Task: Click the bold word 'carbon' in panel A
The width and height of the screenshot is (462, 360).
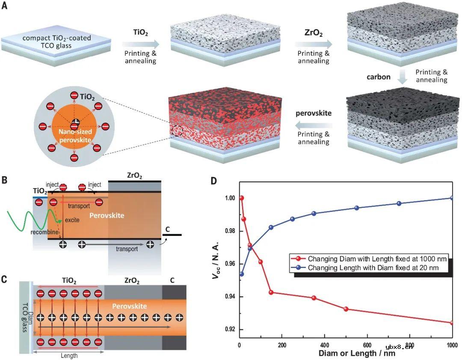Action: [379, 77]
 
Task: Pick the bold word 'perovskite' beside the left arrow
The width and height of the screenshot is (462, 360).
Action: [314, 114]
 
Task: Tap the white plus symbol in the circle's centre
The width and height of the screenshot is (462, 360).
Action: [75, 122]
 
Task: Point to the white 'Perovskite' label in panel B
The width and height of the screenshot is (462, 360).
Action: [107, 215]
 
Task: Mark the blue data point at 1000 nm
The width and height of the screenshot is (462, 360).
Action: [452, 198]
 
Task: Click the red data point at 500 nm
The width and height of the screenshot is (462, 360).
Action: [346, 309]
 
